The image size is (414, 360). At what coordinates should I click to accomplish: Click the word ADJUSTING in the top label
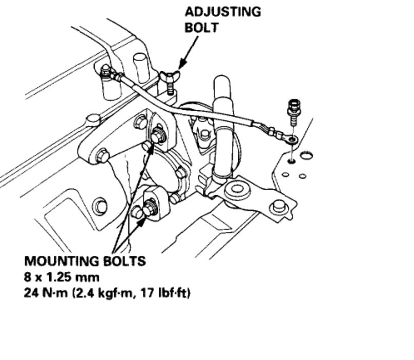(x=223, y=11)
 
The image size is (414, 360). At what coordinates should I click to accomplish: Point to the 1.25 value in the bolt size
(x=64, y=277)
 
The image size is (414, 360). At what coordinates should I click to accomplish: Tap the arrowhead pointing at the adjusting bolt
(x=180, y=67)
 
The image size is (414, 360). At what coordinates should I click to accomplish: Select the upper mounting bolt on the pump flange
(x=158, y=137)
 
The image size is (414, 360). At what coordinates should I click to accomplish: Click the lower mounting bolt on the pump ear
(x=150, y=209)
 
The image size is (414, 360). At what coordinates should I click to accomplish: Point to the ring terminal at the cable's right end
(x=291, y=138)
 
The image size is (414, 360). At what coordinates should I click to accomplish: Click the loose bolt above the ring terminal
(x=294, y=110)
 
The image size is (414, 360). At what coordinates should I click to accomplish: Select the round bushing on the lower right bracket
(x=237, y=189)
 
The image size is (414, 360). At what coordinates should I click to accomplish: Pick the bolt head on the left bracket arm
(x=102, y=154)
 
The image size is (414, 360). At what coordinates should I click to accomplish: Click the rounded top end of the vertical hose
(x=222, y=82)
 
